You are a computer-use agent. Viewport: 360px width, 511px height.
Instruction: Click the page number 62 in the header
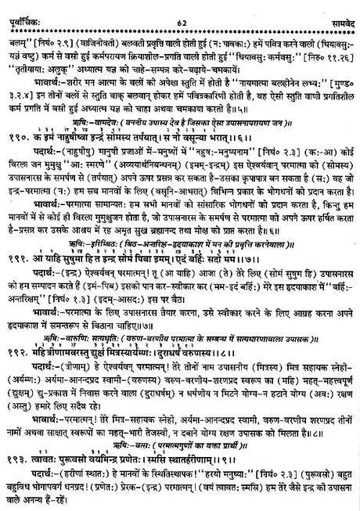click(178, 8)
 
